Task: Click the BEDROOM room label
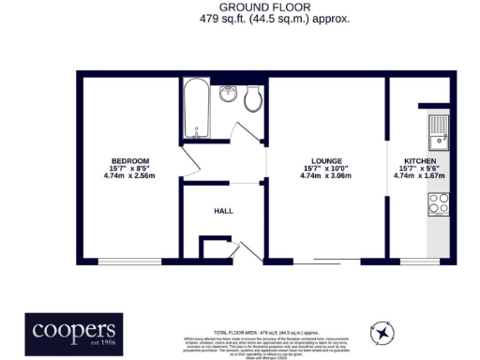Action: (x=129, y=160)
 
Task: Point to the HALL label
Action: (x=223, y=211)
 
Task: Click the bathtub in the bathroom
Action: (x=198, y=112)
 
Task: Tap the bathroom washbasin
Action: (x=228, y=95)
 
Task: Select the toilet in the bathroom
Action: (x=251, y=99)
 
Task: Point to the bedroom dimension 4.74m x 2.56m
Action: (x=129, y=175)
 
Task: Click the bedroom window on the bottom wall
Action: (x=129, y=260)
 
